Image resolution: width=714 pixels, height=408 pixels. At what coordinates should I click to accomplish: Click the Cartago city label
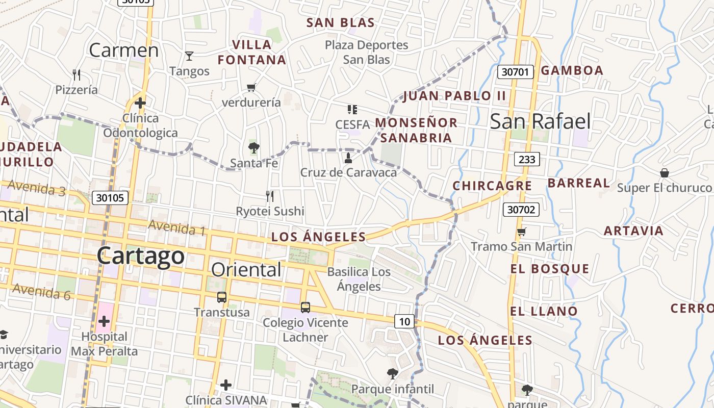point(140,256)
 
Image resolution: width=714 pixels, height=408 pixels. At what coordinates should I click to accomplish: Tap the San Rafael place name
point(540,121)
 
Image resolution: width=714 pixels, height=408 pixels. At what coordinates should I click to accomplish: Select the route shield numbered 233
point(526,160)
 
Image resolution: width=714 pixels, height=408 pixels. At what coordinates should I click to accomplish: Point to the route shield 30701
point(515,72)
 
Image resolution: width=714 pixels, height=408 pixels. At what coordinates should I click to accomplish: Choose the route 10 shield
point(404,321)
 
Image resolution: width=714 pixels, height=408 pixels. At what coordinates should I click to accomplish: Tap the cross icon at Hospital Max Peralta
point(104,321)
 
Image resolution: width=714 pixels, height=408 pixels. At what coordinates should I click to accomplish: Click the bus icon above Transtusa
point(222,297)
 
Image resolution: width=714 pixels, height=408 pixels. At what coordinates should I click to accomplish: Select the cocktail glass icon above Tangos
point(189,56)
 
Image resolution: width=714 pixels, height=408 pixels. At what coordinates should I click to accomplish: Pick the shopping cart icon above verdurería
point(251,87)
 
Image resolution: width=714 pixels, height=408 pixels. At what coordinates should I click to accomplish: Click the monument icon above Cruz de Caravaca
point(348,157)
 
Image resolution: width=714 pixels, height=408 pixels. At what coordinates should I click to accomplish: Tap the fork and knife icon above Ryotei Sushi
point(270,196)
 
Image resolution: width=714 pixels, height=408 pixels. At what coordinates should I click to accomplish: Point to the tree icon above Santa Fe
point(253,148)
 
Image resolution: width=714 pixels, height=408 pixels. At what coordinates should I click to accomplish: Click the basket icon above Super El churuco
point(664,173)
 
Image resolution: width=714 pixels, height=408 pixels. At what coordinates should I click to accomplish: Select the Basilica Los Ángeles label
point(359,279)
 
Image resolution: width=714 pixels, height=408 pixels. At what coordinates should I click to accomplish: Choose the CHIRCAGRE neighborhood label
point(492,186)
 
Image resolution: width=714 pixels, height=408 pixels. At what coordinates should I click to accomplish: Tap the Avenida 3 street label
point(37,188)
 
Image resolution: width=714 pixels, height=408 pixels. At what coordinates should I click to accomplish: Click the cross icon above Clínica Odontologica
point(140,103)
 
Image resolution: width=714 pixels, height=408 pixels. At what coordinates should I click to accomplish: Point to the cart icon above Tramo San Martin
point(521,232)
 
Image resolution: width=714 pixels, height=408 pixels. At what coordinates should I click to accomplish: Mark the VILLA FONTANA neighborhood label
point(251,52)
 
